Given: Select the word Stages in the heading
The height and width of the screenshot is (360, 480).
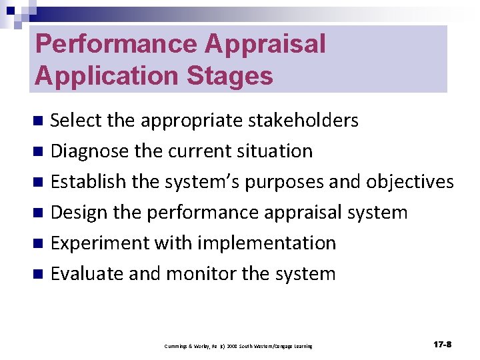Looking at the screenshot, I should (x=227, y=75).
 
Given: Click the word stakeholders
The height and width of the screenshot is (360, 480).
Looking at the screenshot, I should (x=303, y=121).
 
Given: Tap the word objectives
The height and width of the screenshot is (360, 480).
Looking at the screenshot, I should (x=405, y=182).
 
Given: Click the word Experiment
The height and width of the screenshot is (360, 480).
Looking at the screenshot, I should (x=101, y=243).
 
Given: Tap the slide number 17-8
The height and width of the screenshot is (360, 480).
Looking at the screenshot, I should (x=442, y=345).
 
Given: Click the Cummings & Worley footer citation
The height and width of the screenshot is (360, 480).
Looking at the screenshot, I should (x=238, y=346).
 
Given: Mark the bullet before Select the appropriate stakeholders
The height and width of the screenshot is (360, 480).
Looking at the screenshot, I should (x=39, y=121).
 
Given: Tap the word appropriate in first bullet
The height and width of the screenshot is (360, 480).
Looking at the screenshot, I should (x=191, y=121).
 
